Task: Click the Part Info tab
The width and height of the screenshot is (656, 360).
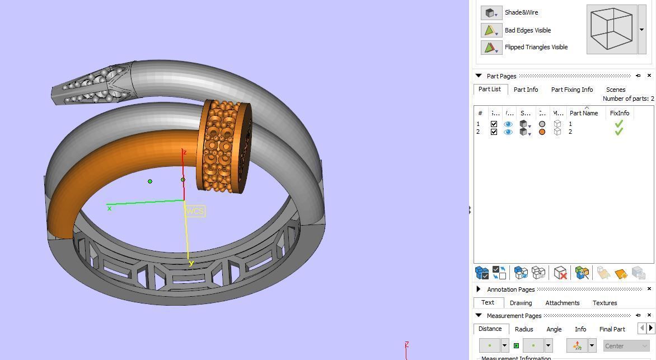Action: [x=526, y=90]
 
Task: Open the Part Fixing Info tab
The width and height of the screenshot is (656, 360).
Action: [x=571, y=90]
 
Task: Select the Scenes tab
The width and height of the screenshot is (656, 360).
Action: [x=615, y=90]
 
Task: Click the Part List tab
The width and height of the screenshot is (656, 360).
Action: [x=489, y=90]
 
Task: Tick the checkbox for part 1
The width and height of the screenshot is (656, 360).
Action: [x=494, y=124]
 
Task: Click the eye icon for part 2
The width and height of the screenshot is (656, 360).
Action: [x=508, y=132]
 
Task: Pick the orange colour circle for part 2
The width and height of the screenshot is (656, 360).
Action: [x=542, y=132]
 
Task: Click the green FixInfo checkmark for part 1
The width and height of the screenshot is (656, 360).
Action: [x=618, y=124]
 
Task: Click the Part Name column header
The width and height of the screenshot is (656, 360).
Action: [x=583, y=113]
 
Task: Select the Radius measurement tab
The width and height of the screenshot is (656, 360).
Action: [x=523, y=329]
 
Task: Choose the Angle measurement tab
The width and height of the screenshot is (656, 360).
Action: [x=554, y=329]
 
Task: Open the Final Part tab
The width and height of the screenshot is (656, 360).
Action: [x=612, y=329]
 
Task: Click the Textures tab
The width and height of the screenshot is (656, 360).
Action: [x=605, y=303]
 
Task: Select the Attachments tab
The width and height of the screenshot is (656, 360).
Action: [x=562, y=303]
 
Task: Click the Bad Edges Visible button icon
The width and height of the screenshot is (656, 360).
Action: [x=490, y=30]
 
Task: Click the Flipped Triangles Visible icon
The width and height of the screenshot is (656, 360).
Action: [x=490, y=47]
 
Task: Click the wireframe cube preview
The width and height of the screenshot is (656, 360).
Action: [x=612, y=29]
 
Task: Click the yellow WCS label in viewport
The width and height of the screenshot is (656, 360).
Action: [x=195, y=211]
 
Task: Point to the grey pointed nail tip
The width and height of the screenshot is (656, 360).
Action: [x=73, y=90]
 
